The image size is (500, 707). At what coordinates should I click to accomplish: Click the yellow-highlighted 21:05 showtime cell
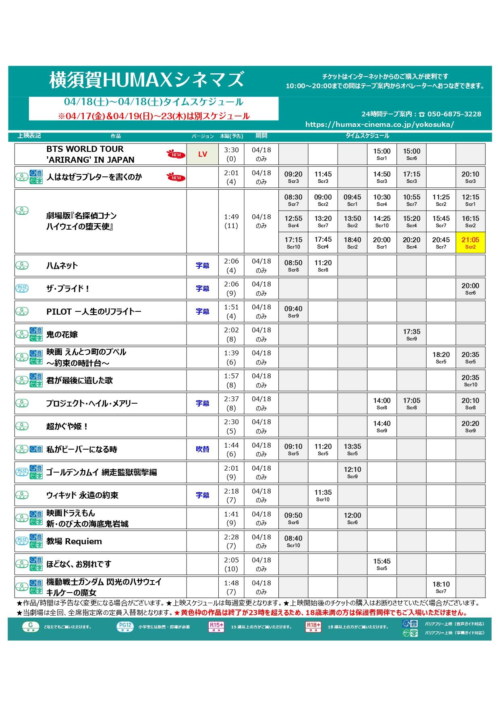click(x=470, y=243)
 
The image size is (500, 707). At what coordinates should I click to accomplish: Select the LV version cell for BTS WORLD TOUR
click(x=202, y=154)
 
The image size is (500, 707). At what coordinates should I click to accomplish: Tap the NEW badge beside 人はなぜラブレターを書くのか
click(x=176, y=178)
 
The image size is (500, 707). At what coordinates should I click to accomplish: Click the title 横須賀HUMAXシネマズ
click(x=147, y=79)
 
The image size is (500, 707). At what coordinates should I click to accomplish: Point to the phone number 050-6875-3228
click(x=454, y=114)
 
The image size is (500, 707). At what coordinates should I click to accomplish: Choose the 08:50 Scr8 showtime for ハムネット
click(x=293, y=265)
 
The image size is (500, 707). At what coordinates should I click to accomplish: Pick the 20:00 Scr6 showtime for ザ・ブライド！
click(x=470, y=288)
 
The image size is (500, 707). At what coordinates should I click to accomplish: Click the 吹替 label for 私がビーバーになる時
click(x=202, y=449)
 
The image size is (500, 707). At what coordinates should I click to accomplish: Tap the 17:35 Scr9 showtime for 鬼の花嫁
click(x=411, y=334)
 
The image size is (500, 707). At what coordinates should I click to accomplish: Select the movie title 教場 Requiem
click(x=74, y=541)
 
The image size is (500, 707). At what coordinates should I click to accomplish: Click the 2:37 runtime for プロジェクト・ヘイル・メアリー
click(x=231, y=399)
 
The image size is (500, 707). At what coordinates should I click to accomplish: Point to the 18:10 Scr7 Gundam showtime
click(x=441, y=587)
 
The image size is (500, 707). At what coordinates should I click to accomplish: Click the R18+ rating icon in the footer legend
click(x=313, y=627)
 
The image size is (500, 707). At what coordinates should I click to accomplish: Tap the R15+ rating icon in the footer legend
click(x=216, y=627)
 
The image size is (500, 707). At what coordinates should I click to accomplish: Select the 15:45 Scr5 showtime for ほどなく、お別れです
click(x=382, y=564)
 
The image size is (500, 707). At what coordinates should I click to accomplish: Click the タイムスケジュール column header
click(x=367, y=136)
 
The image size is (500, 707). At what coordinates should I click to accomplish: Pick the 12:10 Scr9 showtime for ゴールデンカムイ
click(x=352, y=472)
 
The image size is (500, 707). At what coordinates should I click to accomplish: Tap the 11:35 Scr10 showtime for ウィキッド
click(x=323, y=495)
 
